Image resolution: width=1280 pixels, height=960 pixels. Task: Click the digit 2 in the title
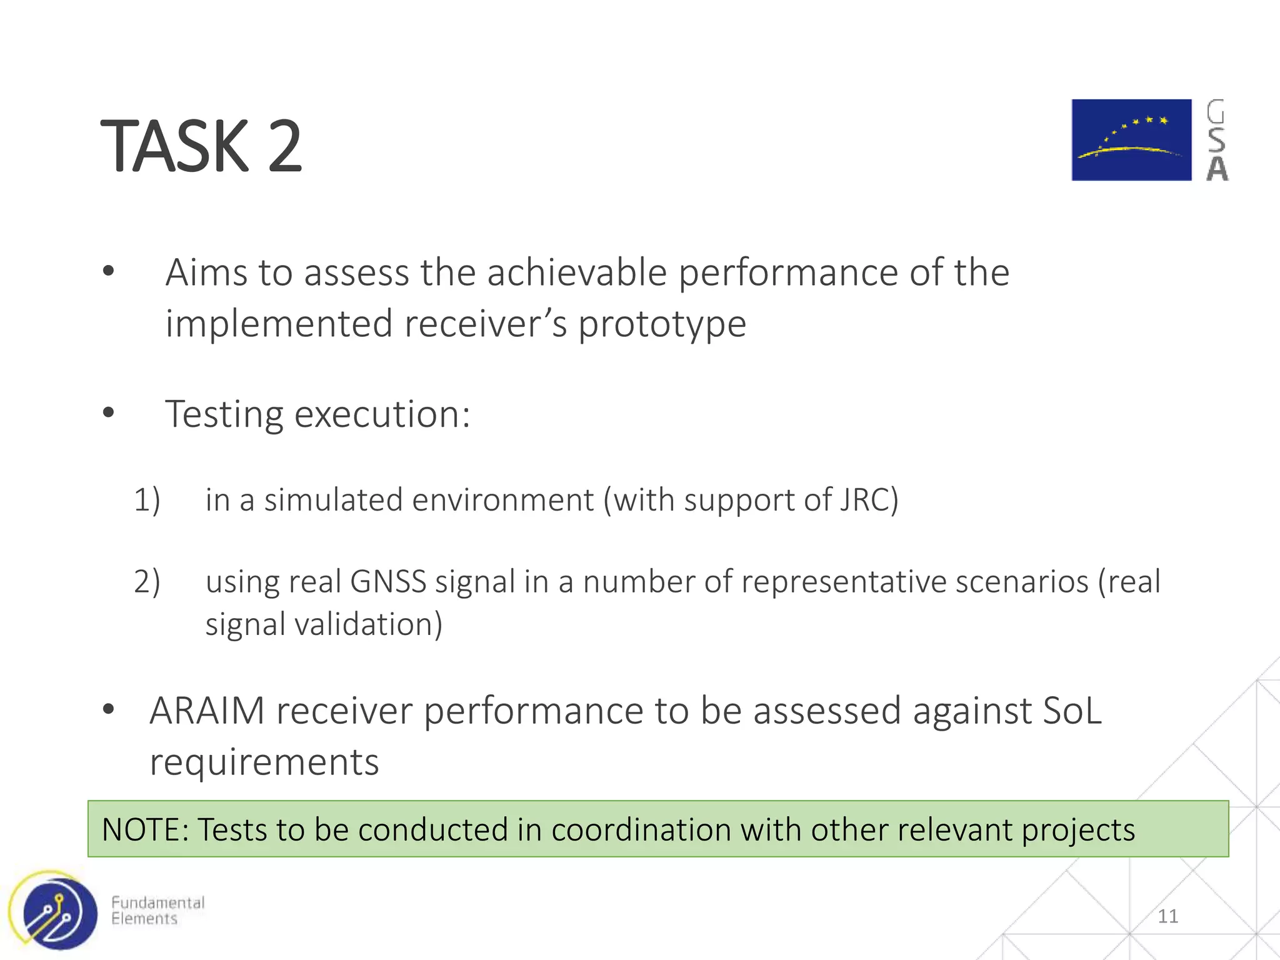(x=285, y=147)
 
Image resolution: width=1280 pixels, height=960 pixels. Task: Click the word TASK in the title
(x=175, y=147)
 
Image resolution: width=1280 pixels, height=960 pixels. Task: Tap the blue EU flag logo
(x=1131, y=140)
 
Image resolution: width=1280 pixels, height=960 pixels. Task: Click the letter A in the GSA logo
(x=1217, y=169)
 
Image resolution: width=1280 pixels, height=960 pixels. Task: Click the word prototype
(x=662, y=324)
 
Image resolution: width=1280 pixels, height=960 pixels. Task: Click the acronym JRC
(x=865, y=500)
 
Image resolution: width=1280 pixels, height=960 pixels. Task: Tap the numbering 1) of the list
(x=147, y=501)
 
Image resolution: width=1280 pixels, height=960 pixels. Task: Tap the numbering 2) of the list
(x=147, y=582)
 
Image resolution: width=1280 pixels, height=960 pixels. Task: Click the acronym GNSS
(x=388, y=582)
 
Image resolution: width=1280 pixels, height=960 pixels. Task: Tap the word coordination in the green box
(x=641, y=830)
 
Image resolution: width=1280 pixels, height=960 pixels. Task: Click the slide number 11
(x=1167, y=916)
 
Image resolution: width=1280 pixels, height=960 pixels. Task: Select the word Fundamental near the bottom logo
(x=157, y=902)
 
